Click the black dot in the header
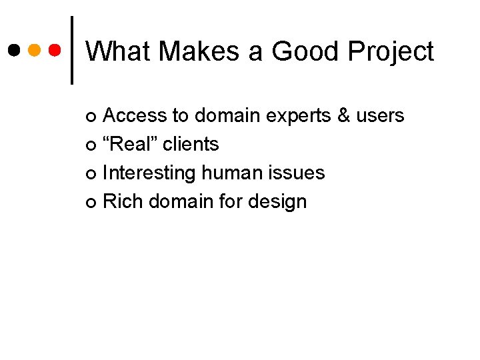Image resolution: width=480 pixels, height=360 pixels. coord(14,50)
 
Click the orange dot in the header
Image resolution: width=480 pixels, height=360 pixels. coord(35,50)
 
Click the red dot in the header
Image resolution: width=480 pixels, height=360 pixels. coord(55,50)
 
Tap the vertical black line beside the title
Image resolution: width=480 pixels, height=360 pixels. coord(72,50)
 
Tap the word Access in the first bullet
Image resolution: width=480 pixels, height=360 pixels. coord(135,115)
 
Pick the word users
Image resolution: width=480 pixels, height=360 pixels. coord(380,116)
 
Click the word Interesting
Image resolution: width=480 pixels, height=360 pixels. coord(149,173)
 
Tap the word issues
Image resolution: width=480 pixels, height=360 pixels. coord(299,173)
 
